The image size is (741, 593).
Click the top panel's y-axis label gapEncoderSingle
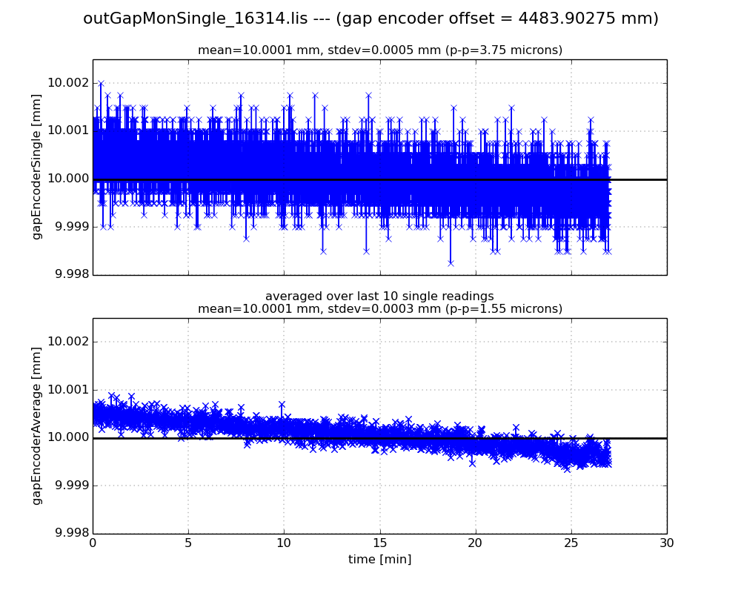tap(36, 167)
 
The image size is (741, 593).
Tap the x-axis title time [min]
tap(379, 560)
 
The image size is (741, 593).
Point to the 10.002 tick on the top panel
tap(67, 83)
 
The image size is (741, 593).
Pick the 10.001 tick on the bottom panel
tap(67, 390)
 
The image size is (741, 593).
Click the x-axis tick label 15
tap(379, 543)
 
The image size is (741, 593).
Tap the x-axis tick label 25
tap(571, 543)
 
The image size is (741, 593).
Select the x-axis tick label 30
tap(666, 543)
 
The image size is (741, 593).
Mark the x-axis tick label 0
tap(93, 543)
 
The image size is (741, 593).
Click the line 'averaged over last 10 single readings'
tap(379, 296)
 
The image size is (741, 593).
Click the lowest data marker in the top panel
tap(451, 262)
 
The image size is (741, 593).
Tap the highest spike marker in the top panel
tap(101, 83)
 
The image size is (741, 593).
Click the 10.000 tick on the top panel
tap(67, 179)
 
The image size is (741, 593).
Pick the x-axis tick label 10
tap(284, 543)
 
